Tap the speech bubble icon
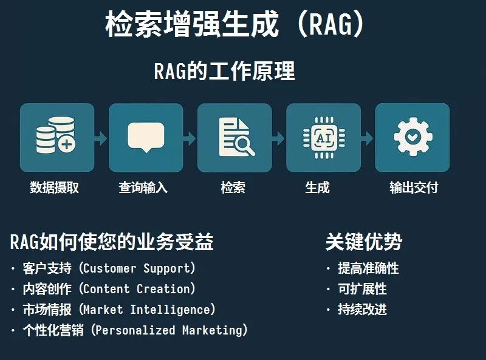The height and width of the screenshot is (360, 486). coord(146,137)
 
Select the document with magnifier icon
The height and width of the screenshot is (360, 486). coord(235,137)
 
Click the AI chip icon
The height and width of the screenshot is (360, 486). coord(323,137)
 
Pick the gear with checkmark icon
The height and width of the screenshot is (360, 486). coord(412,137)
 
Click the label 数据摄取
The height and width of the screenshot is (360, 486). coord(55,188)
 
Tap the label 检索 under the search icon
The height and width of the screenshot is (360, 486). coord(233,188)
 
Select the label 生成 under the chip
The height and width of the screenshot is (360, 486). coord(317,188)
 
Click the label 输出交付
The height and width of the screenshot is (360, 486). coord(413,188)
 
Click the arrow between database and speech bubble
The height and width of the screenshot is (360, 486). coord(101,138)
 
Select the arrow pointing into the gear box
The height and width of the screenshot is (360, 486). coord(368,138)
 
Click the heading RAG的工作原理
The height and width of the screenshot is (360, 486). coord(224,71)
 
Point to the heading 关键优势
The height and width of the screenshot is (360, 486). coord(363,242)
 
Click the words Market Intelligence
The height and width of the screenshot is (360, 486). coord(149,310)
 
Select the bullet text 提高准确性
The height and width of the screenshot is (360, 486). coord(368,268)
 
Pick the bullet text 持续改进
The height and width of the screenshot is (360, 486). coord(362,310)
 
